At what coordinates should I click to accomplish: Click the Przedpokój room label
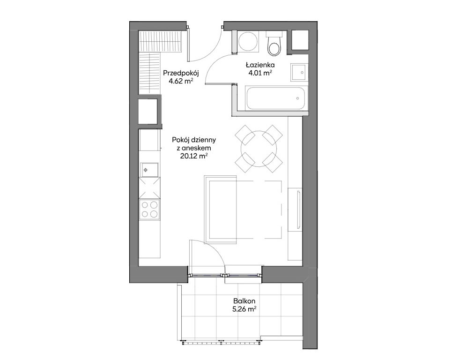(x=181, y=73)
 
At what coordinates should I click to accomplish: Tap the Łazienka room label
(x=260, y=65)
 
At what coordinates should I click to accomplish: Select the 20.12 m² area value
(x=194, y=156)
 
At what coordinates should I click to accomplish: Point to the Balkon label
(x=244, y=301)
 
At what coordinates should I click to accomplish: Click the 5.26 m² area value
(x=244, y=309)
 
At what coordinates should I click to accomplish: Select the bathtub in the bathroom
(x=276, y=98)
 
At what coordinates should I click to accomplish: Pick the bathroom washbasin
(x=299, y=72)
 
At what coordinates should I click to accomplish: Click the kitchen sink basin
(x=149, y=170)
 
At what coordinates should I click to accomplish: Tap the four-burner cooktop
(x=149, y=210)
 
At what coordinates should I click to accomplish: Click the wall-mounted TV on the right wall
(x=299, y=210)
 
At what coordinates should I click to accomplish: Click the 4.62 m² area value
(x=181, y=81)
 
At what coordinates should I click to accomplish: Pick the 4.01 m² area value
(x=260, y=73)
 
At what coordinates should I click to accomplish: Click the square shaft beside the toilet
(x=300, y=40)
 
